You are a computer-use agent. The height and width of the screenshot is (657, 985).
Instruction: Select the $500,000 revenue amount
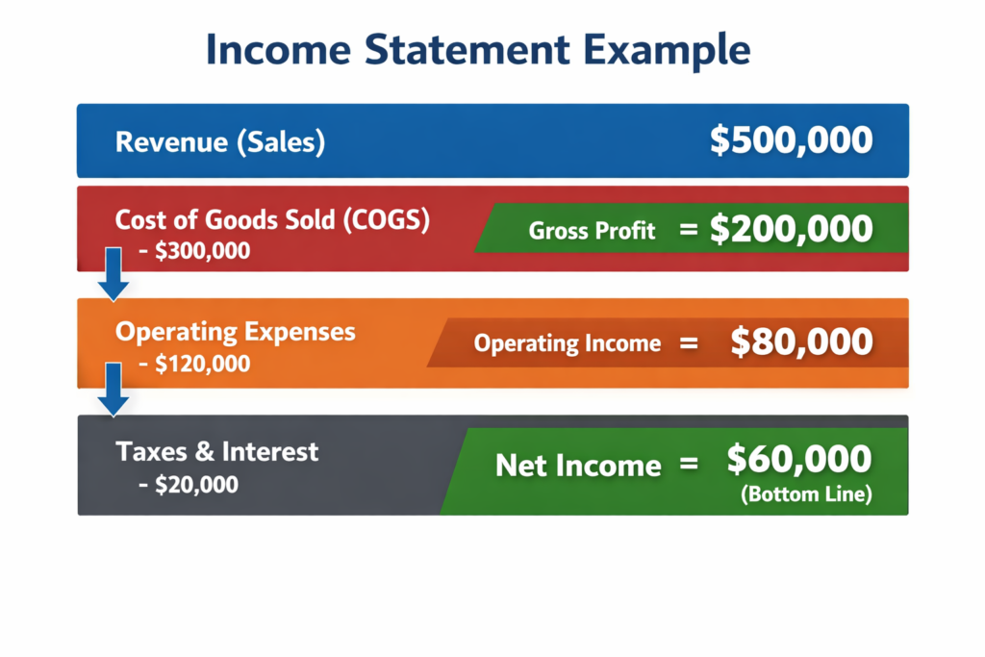[791, 141]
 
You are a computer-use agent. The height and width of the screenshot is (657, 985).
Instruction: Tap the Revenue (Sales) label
[220, 143]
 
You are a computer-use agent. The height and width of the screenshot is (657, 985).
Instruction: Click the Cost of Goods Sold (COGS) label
[272, 219]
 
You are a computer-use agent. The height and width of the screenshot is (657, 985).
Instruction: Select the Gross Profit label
[592, 231]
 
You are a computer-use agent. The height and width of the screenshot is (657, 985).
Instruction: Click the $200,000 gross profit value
[791, 229]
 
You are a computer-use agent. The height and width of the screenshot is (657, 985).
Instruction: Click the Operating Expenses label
[235, 332]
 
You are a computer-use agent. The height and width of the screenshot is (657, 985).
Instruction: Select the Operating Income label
[568, 343]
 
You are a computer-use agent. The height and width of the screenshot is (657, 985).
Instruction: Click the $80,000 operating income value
[801, 342]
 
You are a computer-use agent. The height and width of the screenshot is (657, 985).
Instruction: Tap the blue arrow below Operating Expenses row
[114, 389]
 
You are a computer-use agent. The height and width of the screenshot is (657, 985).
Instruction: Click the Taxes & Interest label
[216, 451]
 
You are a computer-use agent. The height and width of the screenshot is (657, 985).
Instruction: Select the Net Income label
[578, 467]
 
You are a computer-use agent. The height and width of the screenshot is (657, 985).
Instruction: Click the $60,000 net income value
[799, 461]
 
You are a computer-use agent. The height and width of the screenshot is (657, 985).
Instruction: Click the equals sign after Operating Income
[688, 343]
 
